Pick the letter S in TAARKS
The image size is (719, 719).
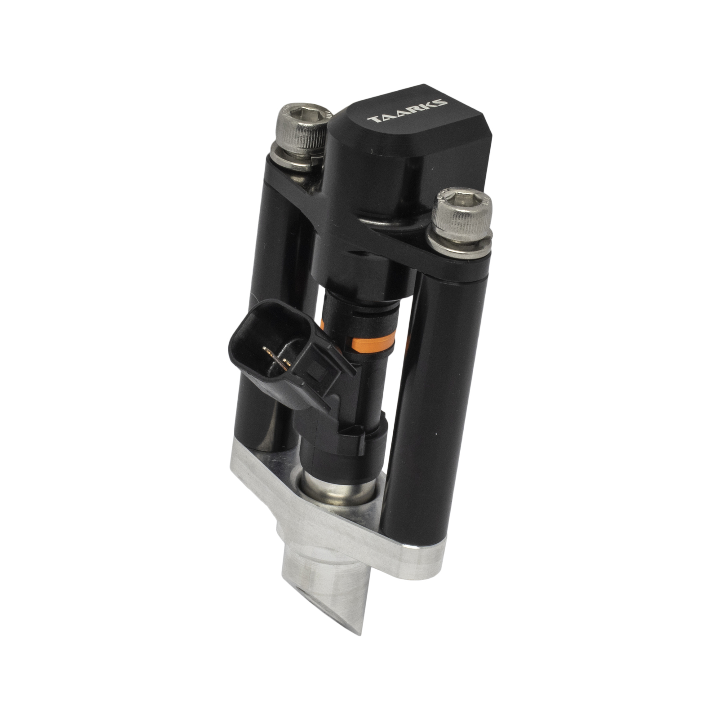click(440, 102)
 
